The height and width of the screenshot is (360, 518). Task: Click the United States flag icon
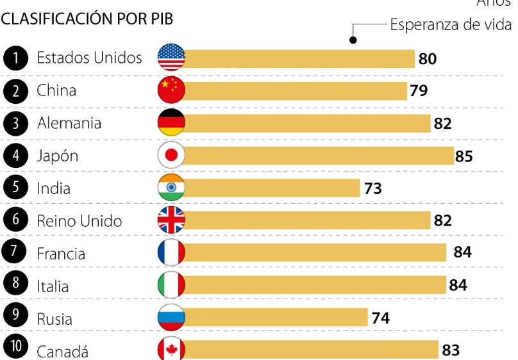pyautogui.click(x=171, y=58)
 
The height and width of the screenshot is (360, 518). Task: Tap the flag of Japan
pyautogui.click(x=171, y=156)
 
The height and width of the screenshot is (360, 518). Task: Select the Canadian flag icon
pyautogui.click(x=171, y=349)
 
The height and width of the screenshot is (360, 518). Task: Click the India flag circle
pyautogui.click(x=171, y=188)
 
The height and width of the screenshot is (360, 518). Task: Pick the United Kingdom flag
pyautogui.click(x=171, y=220)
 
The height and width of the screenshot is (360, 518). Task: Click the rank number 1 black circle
pyautogui.click(x=16, y=58)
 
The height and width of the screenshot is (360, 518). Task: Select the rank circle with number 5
pyautogui.click(x=16, y=188)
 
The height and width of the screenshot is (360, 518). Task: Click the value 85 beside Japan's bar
pyautogui.click(x=464, y=156)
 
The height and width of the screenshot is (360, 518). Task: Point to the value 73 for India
pyautogui.click(x=372, y=188)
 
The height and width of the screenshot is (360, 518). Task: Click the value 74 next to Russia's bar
pyautogui.click(x=380, y=318)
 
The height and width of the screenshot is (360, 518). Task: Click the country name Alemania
pyautogui.click(x=69, y=123)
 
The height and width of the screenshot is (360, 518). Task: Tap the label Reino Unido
pyautogui.click(x=79, y=221)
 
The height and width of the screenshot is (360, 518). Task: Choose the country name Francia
pyautogui.click(x=62, y=254)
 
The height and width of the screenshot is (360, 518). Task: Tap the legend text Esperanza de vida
pyautogui.click(x=451, y=25)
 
